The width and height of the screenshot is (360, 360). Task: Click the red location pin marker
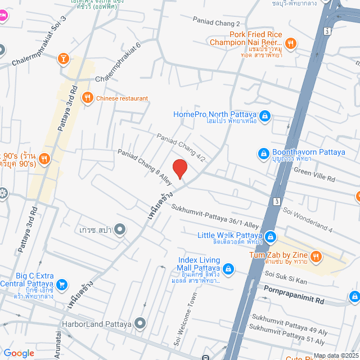click(179, 169)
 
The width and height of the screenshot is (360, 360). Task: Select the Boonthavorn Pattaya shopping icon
click(263, 152)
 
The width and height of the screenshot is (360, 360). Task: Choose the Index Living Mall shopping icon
click(228, 269)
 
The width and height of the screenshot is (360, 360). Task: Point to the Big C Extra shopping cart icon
click(63, 284)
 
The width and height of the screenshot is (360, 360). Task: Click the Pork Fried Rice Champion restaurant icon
click(290, 42)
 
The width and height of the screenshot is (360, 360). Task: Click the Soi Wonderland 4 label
click(308, 218)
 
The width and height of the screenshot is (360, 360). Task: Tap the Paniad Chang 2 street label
click(217, 23)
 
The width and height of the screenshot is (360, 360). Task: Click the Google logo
click(19, 353)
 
